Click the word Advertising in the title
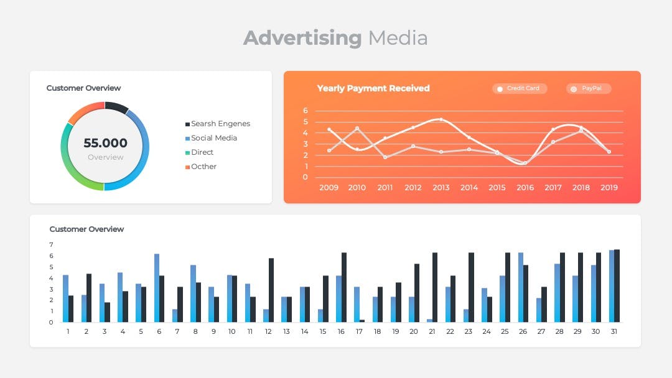(x=302, y=38)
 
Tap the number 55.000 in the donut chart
(x=105, y=143)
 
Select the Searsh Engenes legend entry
(x=218, y=124)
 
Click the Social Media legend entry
(x=211, y=138)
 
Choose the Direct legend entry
(x=199, y=152)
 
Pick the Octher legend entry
(x=200, y=167)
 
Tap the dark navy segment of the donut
(x=116, y=106)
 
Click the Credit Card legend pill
(x=520, y=89)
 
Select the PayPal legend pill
(x=589, y=89)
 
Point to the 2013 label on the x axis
(x=441, y=188)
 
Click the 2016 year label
(x=525, y=188)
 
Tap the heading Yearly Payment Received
(x=373, y=88)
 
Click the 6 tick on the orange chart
(x=305, y=111)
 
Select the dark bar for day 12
(x=271, y=290)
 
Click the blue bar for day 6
(x=157, y=288)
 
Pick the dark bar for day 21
(x=435, y=287)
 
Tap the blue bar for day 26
(x=521, y=287)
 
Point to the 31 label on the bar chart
(x=614, y=331)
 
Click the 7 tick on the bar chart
(x=52, y=245)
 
